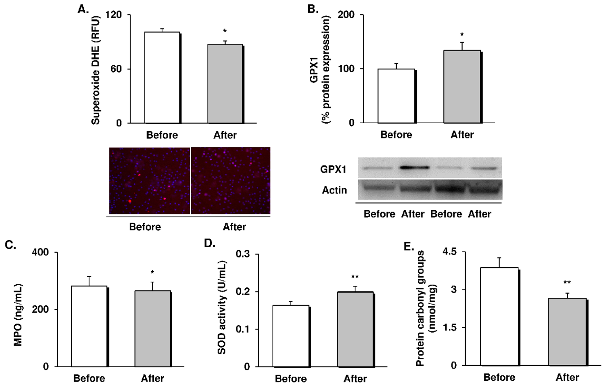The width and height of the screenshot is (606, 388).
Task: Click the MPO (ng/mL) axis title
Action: pyautogui.click(x=18, y=315)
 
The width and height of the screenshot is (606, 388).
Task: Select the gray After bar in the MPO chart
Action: pyautogui.click(x=152, y=329)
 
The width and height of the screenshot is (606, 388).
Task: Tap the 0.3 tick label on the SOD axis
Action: pyautogui.click(x=243, y=254)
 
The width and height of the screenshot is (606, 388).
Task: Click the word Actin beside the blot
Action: pyautogui.click(x=334, y=190)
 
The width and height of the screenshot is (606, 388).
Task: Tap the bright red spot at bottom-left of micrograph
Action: pyautogui.click(x=130, y=201)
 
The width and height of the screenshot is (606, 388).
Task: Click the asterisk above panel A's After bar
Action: pyautogui.click(x=225, y=31)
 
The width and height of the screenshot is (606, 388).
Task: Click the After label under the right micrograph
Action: pyautogui.click(x=234, y=227)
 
